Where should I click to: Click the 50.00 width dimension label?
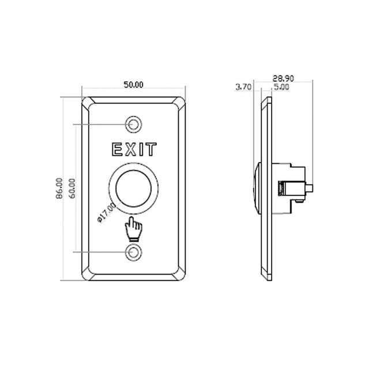coord(133,85)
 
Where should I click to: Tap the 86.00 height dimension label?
coord(59,188)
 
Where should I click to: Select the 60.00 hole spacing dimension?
coord(72,188)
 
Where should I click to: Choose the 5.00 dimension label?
coord(281,87)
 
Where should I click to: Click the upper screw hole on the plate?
coord(134,124)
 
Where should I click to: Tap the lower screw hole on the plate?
coord(134,252)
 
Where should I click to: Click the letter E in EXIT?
coord(117,150)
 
